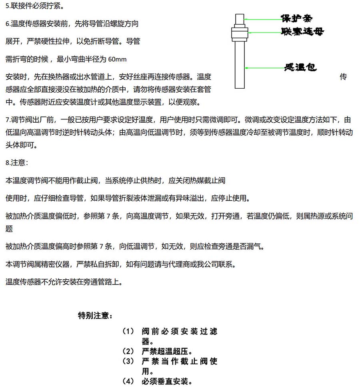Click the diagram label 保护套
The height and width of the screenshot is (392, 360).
tap(296, 18)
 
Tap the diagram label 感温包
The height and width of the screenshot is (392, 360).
tap(300, 68)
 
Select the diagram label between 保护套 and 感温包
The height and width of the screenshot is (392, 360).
tap(302, 32)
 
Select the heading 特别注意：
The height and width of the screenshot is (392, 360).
tap(95, 316)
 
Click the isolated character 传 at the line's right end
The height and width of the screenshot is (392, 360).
tap(343, 76)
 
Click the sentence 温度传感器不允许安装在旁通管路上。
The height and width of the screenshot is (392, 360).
tap(64, 282)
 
